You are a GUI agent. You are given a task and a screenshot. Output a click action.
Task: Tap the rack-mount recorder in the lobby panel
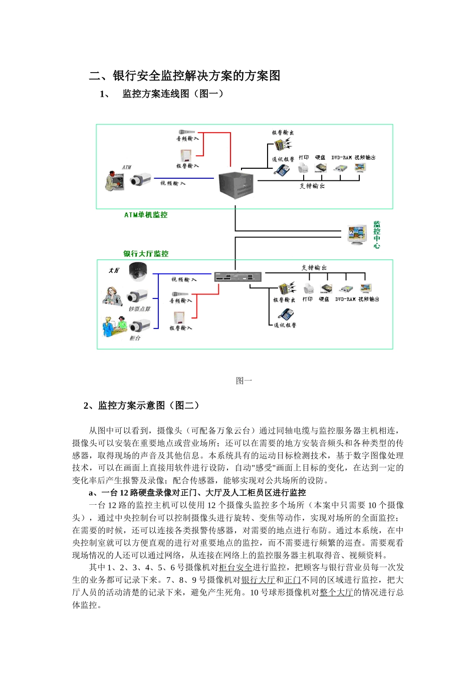click(238, 277)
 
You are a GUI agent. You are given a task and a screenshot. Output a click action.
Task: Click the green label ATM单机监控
click(146, 215)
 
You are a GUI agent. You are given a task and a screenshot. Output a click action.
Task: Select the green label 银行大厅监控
click(146, 254)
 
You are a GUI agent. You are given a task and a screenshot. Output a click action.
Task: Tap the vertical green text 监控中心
click(377, 234)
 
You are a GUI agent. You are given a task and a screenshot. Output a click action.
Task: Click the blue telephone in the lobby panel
click(286, 314)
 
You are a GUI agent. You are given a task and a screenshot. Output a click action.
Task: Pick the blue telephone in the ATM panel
click(282, 170)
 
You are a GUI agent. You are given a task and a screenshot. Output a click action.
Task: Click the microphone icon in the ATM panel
click(186, 132)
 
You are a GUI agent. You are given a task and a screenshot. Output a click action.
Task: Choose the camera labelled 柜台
click(139, 326)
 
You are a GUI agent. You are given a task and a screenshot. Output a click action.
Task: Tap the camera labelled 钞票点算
click(138, 296)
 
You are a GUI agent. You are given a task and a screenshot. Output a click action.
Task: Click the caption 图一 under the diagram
click(244, 381)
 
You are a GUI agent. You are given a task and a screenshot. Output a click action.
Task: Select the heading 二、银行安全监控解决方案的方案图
click(184, 76)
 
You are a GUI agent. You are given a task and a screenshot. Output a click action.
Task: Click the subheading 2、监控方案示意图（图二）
click(141, 406)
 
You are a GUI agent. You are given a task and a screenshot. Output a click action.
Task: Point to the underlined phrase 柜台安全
click(235, 567)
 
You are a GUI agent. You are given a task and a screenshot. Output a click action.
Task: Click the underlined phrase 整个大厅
click(336, 592)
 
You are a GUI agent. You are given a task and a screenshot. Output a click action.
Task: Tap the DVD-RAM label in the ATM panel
click(341, 158)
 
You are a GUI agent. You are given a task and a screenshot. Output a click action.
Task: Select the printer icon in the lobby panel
click(308, 289)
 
